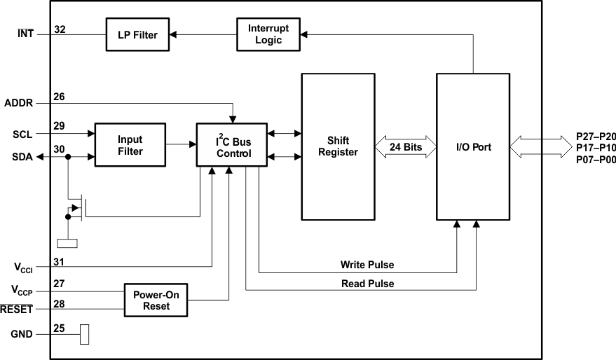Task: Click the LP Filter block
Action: point(137,34)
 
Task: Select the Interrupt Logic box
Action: point(268,34)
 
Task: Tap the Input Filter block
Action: point(130,145)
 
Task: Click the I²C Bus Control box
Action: point(232,145)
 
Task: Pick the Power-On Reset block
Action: point(156,300)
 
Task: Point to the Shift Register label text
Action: point(338,146)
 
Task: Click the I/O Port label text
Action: point(474,147)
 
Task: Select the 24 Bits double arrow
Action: point(406,147)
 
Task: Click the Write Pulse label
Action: point(367,265)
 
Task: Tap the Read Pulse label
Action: point(368,284)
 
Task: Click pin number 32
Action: point(60,29)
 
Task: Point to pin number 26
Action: point(59,97)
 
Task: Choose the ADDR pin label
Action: point(18,103)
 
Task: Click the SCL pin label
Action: point(22,134)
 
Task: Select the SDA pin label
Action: point(22,157)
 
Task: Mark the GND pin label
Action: point(22,334)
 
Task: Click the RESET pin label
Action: point(17,310)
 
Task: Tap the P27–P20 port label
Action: point(596,137)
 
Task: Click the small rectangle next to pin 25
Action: point(85,334)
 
